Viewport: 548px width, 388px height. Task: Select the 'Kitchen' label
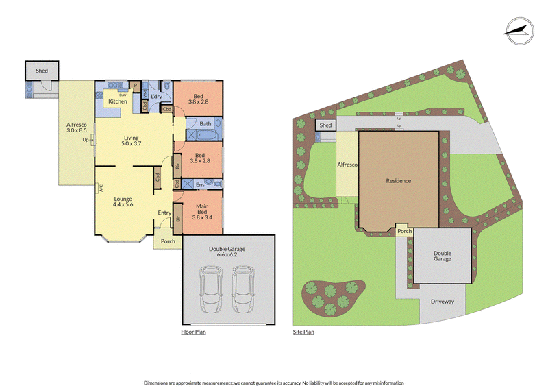[x=117, y=101]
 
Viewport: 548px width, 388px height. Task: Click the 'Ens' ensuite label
[x=199, y=184]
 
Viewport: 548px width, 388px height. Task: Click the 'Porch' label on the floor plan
[x=167, y=241]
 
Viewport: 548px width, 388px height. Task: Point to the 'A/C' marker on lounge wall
[x=100, y=186]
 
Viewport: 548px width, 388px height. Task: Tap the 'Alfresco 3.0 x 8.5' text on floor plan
[x=76, y=128]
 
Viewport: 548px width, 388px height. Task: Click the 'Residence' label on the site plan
[x=398, y=181]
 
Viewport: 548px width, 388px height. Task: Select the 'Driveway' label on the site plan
[x=442, y=301]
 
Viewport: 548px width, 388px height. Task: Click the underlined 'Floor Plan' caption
[x=193, y=332]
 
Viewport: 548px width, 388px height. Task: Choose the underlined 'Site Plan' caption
[x=303, y=332]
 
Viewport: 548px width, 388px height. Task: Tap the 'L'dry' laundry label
[x=156, y=96]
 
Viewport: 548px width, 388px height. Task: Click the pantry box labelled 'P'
[x=136, y=86]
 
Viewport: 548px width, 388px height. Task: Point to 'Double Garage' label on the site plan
[x=442, y=256]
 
